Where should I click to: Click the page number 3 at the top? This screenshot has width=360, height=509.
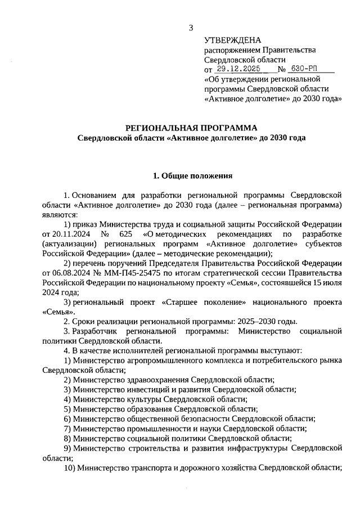191,28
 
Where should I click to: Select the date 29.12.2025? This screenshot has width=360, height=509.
239,70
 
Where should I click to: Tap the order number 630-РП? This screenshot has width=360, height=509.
304,70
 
